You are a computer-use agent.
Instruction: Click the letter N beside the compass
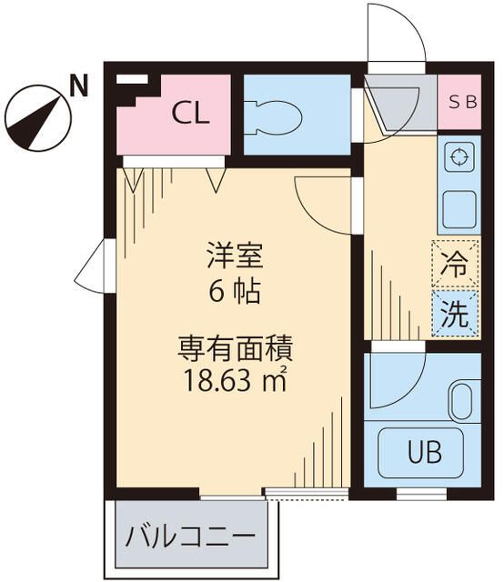(79, 86)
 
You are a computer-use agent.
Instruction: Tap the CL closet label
(191, 114)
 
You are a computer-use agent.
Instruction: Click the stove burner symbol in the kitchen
(458, 156)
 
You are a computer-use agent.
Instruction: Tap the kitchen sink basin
(459, 210)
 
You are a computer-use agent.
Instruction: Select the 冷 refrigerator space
(456, 267)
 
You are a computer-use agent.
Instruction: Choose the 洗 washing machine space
(456, 313)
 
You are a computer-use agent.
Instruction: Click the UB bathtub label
(421, 450)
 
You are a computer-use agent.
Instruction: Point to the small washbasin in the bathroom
(461, 401)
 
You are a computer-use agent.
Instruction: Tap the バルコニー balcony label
(190, 535)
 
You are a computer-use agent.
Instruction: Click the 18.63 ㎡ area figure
(234, 378)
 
